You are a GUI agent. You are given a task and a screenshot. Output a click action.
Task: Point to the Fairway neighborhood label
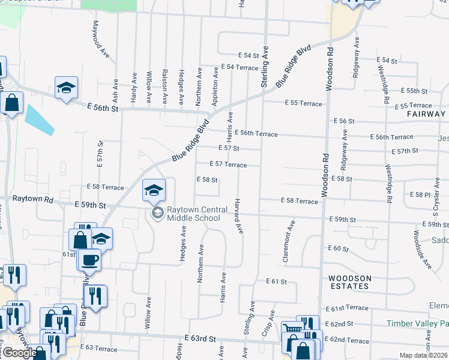426,113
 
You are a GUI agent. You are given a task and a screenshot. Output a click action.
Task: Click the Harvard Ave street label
238,215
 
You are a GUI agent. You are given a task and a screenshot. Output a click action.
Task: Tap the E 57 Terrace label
228,164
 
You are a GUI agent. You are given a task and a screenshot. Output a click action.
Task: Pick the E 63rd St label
200,338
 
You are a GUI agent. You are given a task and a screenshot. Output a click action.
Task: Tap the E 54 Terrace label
239,67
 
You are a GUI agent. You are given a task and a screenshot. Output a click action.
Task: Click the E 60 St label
339,248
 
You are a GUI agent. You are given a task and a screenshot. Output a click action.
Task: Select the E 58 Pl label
420,194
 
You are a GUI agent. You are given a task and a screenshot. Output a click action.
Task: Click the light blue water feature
39,119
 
